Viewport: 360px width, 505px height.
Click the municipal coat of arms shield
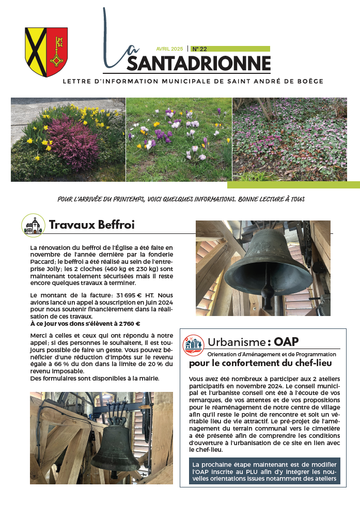click(x=46, y=52)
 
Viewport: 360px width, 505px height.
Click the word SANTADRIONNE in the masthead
click(x=198, y=63)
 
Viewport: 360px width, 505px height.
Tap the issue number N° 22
click(x=200, y=49)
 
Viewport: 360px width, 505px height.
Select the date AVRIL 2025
click(x=170, y=49)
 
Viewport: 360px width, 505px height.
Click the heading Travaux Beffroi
click(x=92, y=225)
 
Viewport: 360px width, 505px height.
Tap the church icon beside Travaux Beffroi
click(x=34, y=226)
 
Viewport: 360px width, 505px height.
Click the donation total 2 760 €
click(x=126, y=323)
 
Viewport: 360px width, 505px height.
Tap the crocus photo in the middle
click(x=179, y=139)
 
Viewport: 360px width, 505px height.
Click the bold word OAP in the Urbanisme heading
click(x=287, y=342)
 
